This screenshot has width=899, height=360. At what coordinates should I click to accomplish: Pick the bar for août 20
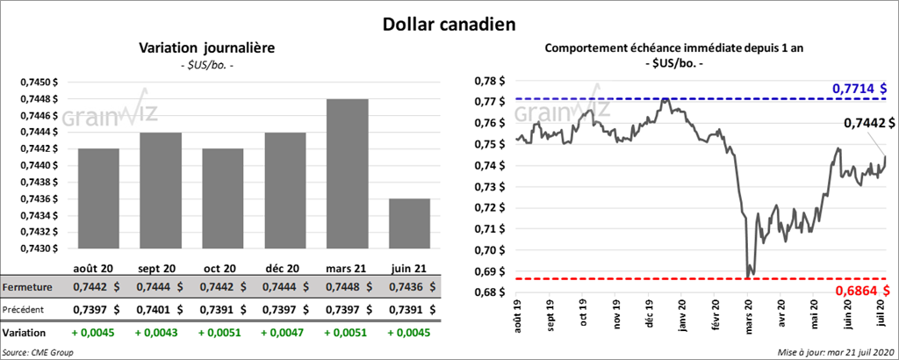(98, 198)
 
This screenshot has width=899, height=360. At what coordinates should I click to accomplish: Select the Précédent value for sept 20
(161, 310)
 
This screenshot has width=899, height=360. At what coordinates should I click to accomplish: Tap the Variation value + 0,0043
(161, 334)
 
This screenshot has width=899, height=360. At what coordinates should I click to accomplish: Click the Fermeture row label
(27, 287)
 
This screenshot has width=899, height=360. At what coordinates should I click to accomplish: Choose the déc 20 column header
(284, 267)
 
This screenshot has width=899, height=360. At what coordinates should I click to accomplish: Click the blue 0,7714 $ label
(859, 89)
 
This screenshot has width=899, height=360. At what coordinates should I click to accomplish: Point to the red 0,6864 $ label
(859, 291)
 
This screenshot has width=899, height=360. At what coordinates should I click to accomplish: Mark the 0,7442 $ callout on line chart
(864, 124)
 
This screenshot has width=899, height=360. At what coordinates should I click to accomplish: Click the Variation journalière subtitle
(207, 48)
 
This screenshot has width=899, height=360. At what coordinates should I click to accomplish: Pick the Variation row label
(24, 334)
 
